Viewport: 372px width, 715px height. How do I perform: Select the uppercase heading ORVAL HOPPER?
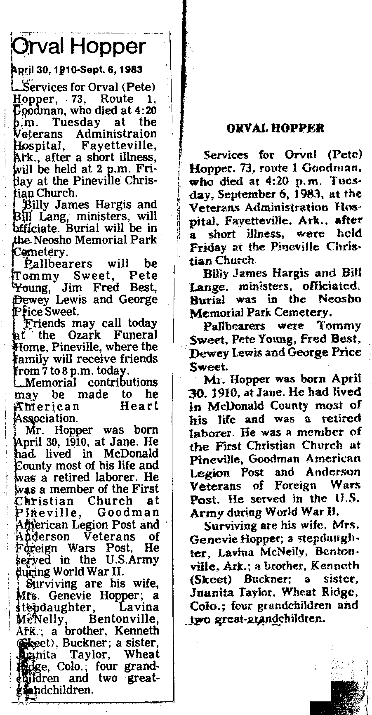[x=275, y=128]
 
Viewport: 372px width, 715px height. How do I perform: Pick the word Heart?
[x=139, y=406]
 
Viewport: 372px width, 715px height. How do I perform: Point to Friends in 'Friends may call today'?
[x=41, y=323]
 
